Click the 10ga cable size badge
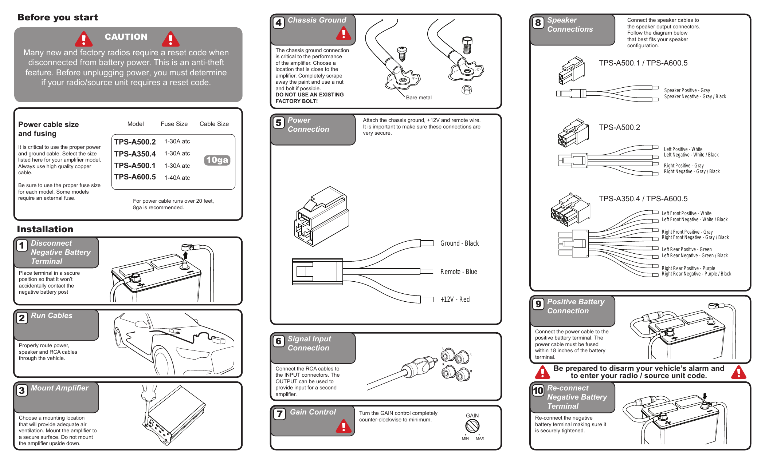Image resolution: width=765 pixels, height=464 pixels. tap(217, 160)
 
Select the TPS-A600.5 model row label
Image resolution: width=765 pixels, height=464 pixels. tap(135, 177)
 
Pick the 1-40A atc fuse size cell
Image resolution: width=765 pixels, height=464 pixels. tap(177, 178)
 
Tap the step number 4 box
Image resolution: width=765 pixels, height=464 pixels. tap(279, 23)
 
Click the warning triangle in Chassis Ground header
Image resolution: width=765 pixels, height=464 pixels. tap(344, 34)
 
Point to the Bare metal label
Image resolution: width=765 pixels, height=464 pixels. tap(419, 98)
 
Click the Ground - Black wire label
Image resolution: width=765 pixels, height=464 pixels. tap(459, 243)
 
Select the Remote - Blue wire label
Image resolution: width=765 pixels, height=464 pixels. tap(459, 271)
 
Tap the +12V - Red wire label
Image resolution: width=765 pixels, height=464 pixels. tap(455, 299)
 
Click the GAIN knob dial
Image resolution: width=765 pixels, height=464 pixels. tap(472, 425)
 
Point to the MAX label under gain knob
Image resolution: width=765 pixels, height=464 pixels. tap(480, 438)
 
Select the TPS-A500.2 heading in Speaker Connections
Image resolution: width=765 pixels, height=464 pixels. tap(619, 127)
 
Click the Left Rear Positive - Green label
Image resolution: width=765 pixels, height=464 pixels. tap(686, 249)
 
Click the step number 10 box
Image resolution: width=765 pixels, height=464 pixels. tap(538, 390)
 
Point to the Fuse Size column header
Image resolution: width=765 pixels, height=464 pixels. tap(174, 124)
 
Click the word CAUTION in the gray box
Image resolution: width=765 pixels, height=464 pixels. tap(126, 37)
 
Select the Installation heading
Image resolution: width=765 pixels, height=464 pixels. tap(45, 229)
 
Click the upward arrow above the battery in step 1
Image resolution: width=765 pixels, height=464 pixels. tap(185, 255)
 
